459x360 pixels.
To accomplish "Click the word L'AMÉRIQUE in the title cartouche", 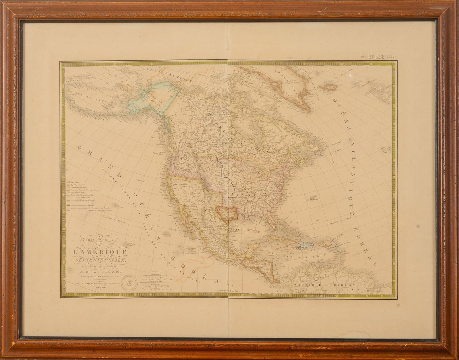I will click(x=98, y=252).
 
